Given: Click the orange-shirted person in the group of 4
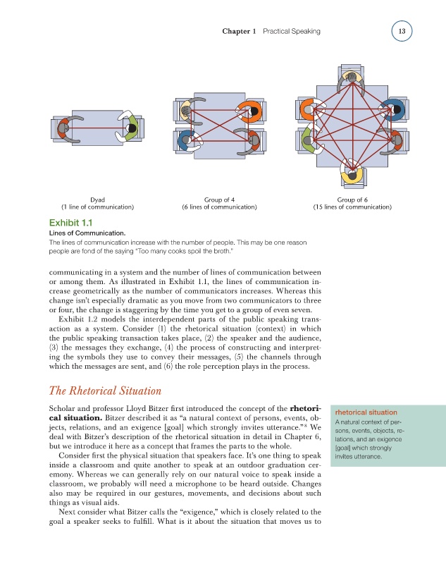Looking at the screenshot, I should click(249, 112).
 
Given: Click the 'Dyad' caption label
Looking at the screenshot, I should click(98, 199).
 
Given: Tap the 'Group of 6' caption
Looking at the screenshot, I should click(352, 199).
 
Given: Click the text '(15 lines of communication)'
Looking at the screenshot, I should click(352, 207).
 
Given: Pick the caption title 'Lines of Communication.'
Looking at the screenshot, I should click(87, 233).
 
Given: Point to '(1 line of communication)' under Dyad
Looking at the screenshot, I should click(98, 207).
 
